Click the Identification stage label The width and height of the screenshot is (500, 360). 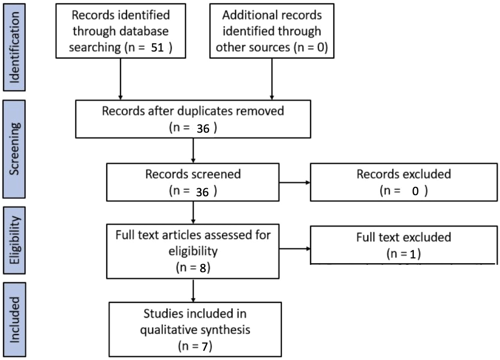tap(14, 47)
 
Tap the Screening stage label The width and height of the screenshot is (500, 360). tap(14, 149)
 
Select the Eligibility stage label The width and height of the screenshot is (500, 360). tap(14, 240)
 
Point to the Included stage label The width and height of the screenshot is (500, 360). tap(14, 319)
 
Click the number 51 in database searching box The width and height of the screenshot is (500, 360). tap(157, 48)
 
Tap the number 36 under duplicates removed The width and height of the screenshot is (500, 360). tap(203, 129)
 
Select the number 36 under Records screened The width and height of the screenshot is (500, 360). tap(202, 192)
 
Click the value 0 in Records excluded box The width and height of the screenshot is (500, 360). tap(415, 191)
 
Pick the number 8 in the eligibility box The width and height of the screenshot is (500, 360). tap(203, 268)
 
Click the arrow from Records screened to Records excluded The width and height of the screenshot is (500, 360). tap(294, 182)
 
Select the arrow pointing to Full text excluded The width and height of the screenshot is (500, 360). tap(294, 248)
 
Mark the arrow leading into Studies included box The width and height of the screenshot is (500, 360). tap(193, 291)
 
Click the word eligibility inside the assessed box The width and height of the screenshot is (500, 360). tap(193, 251)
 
